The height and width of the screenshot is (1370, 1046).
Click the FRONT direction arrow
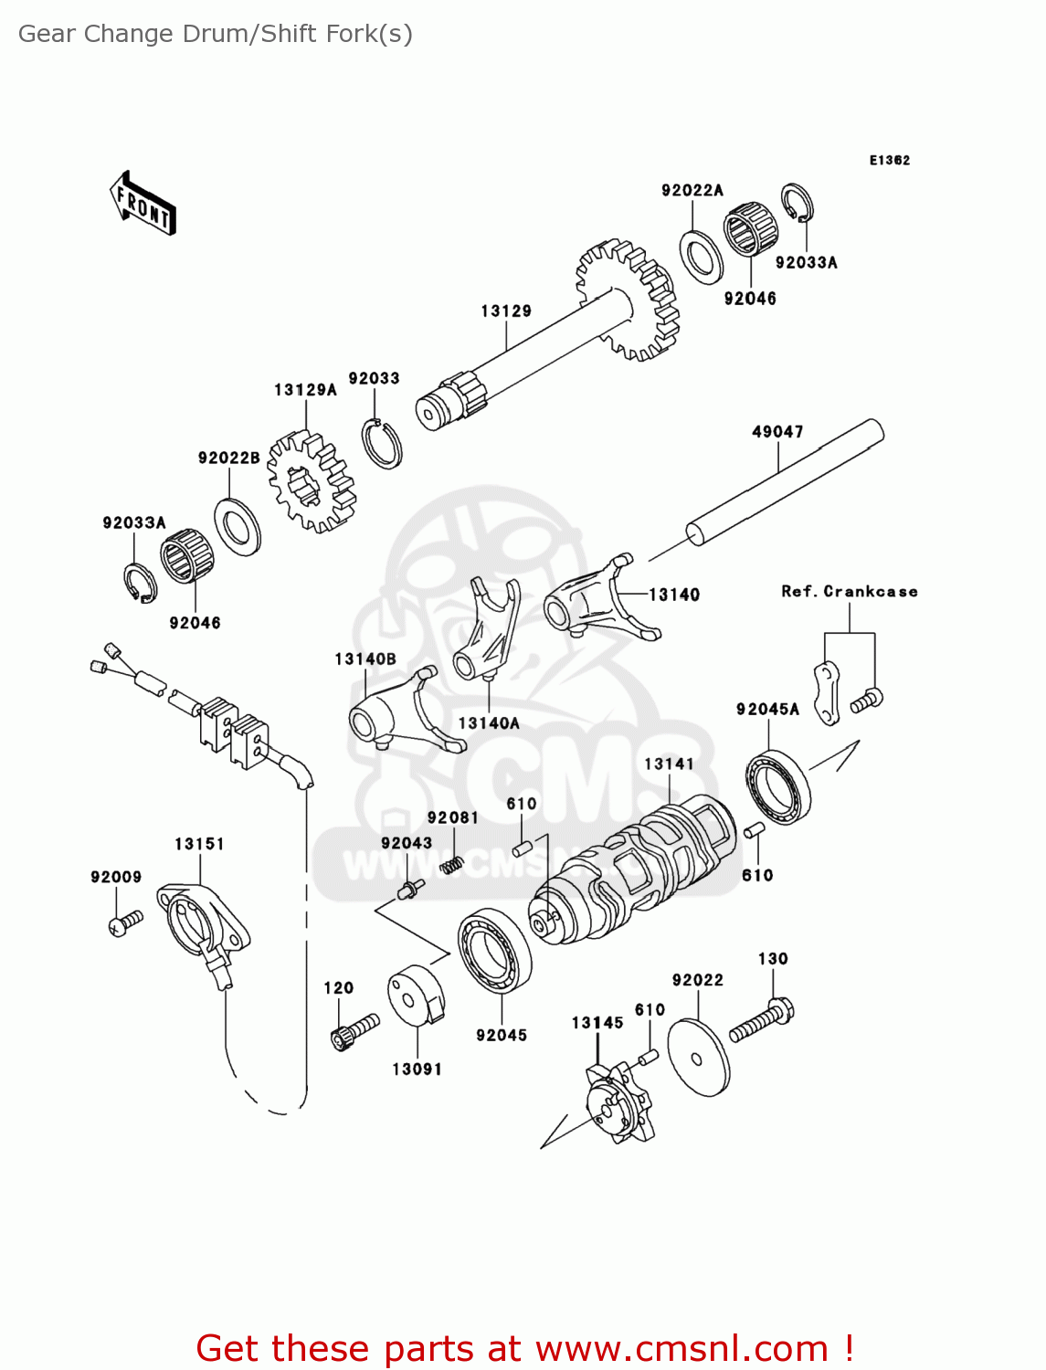tap(143, 204)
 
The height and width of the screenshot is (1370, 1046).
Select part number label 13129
tap(506, 311)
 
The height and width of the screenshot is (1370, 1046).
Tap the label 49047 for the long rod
tap(777, 432)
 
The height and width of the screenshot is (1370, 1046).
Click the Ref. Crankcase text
tap(849, 592)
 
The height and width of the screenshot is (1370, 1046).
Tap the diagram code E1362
tap(889, 161)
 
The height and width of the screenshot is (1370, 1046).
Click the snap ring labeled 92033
tap(381, 443)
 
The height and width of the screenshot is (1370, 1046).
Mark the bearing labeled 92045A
tap(777, 785)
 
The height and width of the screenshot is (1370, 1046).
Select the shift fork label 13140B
tap(365, 659)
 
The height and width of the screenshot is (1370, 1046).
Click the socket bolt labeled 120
tap(354, 1031)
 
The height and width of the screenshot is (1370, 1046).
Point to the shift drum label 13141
tap(669, 764)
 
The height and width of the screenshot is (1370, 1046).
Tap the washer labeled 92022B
tap(238, 526)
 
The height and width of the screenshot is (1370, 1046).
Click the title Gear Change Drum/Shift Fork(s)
tap(216, 34)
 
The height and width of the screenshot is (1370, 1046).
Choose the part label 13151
tap(199, 844)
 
